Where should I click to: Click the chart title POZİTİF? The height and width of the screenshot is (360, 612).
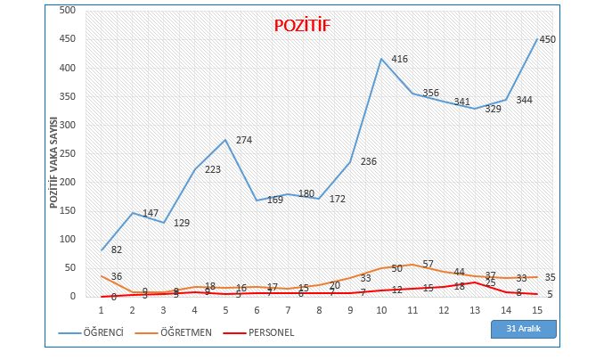301,26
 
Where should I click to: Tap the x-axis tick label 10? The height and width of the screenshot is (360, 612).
381,309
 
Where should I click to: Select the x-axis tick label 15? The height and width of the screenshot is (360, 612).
536,309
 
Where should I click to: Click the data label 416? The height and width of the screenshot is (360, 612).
399,60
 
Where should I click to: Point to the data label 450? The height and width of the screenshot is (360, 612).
549,39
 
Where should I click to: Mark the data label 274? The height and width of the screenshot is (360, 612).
244,140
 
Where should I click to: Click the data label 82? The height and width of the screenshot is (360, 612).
116,250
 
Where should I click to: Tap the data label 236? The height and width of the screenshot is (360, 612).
369,162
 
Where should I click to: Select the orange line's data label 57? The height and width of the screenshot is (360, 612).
428,264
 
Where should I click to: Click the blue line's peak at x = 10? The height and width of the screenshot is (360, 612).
381,59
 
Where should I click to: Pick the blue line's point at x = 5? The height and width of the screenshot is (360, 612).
226,140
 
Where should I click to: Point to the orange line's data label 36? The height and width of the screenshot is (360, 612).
116,276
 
